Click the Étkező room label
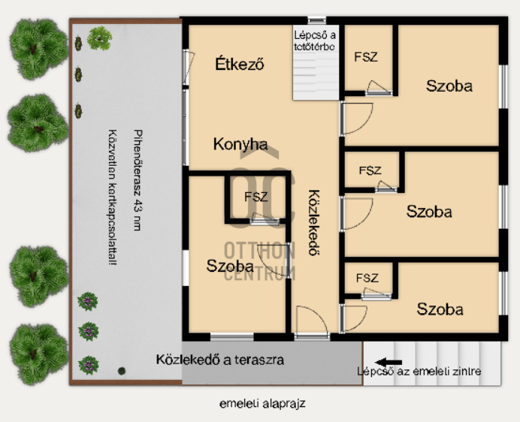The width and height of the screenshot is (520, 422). pyautogui.click(x=240, y=64)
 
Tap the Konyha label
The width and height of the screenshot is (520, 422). pyautogui.click(x=240, y=144)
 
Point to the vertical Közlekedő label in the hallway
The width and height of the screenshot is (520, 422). pyautogui.click(x=313, y=223)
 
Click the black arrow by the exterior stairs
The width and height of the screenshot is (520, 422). pyautogui.click(x=388, y=362)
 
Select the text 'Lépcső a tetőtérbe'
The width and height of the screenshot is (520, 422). pyautogui.click(x=314, y=41)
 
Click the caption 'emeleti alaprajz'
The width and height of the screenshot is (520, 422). pyautogui.click(x=262, y=404)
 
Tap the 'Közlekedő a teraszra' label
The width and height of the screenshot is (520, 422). pyautogui.click(x=220, y=360)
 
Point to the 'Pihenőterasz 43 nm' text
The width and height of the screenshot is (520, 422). pyautogui.click(x=138, y=180)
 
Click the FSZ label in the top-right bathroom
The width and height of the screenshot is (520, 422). pyautogui.click(x=366, y=57)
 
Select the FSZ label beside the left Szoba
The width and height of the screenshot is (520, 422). pyautogui.click(x=255, y=197)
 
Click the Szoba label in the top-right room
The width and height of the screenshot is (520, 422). pyautogui.click(x=449, y=86)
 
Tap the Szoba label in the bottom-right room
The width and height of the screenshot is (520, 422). pyautogui.click(x=440, y=309)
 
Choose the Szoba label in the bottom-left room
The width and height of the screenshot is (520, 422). pyautogui.click(x=230, y=266)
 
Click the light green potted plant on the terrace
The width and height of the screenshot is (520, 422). pyautogui.click(x=99, y=38)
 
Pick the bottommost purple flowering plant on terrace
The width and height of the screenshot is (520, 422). pyautogui.click(x=88, y=365)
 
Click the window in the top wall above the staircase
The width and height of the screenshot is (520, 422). pyautogui.click(x=316, y=20)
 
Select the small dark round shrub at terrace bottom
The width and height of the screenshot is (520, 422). pyautogui.click(x=122, y=371)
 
